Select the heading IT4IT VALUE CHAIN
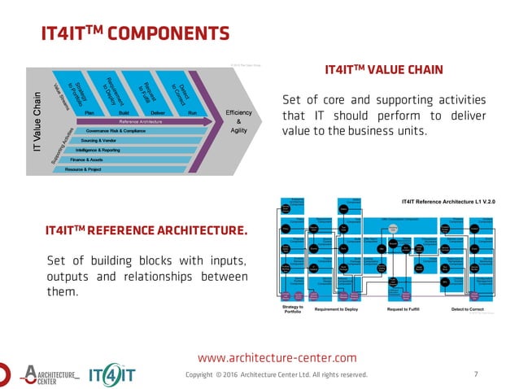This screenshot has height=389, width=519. click(383, 70)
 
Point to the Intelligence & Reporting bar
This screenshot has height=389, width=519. click(97, 150)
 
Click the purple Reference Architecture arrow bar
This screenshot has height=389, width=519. click(138, 121)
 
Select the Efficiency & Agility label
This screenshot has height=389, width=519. click(239, 120)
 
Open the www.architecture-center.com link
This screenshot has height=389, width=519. click(277, 357)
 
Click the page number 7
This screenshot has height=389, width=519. click(475, 374)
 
